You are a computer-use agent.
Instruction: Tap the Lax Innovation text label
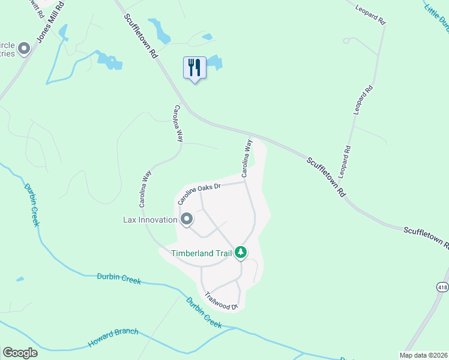click(149, 220)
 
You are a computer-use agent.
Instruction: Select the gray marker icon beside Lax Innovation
click(187, 220)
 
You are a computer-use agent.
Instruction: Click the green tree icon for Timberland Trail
click(241, 253)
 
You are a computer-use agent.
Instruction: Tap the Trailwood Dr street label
click(221, 301)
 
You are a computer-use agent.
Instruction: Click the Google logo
click(20, 353)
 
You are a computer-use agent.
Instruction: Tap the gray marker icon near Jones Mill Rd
click(24, 49)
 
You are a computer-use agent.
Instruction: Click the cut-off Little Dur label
click(436, 15)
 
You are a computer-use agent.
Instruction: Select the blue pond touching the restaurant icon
click(214, 62)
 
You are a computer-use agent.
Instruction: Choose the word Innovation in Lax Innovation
click(158, 220)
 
